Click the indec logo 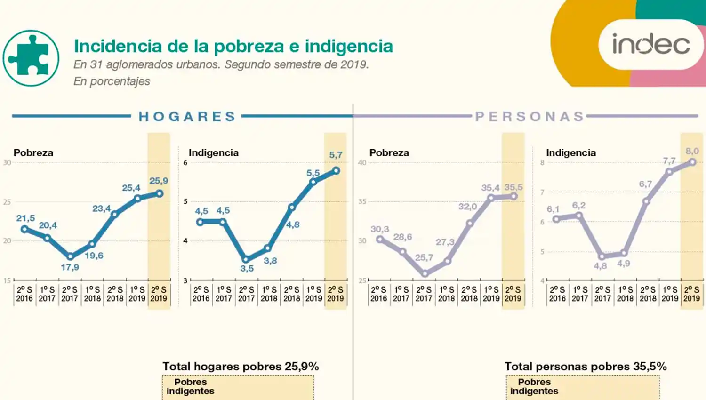(x=651, y=44)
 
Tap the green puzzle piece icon (x=31, y=58)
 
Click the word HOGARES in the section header (x=187, y=116)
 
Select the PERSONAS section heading (x=529, y=116)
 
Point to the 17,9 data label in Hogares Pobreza (x=70, y=267)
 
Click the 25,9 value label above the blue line (x=159, y=181)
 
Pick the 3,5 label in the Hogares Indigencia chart (x=247, y=269)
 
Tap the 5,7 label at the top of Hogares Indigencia (x=336, y=155)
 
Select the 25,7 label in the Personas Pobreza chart (x=424, y=257)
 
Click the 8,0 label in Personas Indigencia (x=692, y=151)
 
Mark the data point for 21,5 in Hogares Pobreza (x=25, y=229)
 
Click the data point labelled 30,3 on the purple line (x=380, y=239)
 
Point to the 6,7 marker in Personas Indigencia (x=646, y=201)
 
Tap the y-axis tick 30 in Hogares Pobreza (x=7, y=163)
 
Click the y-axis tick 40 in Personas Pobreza (x=361, y=163)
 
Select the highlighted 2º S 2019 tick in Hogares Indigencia (x=335, y=294)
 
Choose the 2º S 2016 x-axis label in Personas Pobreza (x=378, y=294)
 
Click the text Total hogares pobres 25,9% (x=241, y=367)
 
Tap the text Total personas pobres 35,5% (x=586, y=367)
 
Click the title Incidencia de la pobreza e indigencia (x=233, y=46)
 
